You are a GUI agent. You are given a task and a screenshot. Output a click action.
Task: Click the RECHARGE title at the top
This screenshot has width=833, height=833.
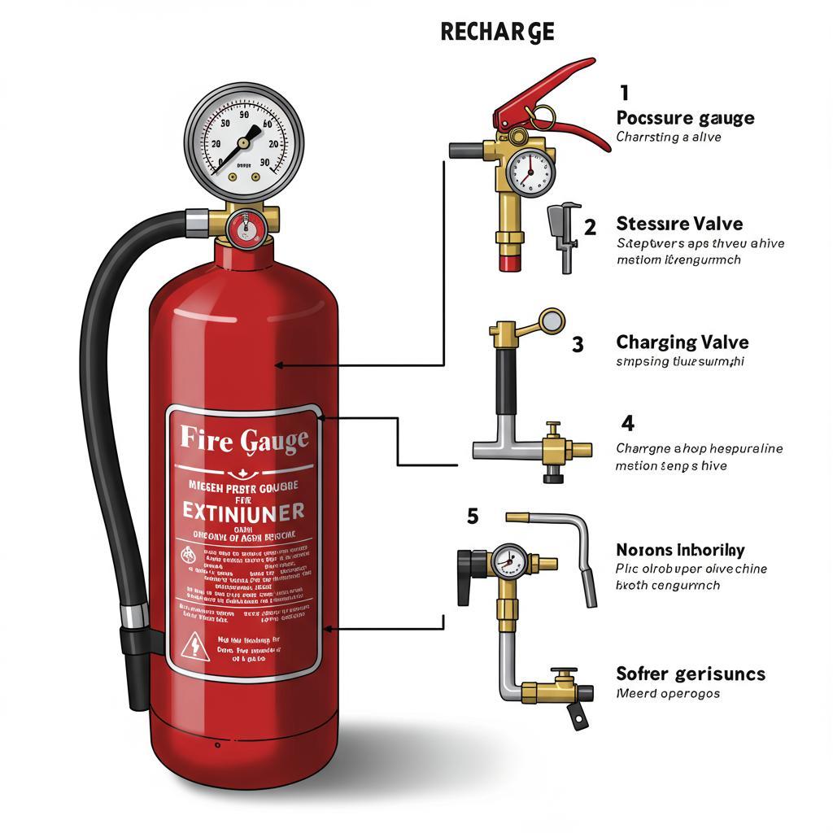(497, 32)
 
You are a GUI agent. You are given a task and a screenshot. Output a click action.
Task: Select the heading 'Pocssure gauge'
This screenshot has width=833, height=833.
(685, 118)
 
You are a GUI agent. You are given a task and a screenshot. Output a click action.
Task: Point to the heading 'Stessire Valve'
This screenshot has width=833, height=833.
(679, 224)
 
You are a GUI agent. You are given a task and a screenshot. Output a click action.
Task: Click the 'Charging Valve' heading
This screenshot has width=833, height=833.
(682, 342)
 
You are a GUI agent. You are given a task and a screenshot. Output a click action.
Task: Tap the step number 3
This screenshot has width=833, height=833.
(578, 344)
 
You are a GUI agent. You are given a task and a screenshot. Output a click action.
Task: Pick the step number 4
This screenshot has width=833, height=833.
(627, 423)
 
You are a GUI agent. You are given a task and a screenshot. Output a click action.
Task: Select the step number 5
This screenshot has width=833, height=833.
(473, 516)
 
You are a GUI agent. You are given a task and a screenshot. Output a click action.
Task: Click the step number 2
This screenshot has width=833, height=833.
(590, 226)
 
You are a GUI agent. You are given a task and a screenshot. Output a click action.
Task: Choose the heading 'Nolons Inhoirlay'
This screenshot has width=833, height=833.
(680, 551)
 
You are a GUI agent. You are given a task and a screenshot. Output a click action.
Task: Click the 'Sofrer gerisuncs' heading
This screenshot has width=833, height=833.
(691, 674)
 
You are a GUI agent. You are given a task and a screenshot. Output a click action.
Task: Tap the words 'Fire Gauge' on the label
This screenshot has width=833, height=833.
(243, 440)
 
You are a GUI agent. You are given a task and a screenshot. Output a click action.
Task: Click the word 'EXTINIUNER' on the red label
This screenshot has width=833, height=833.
(243, 511)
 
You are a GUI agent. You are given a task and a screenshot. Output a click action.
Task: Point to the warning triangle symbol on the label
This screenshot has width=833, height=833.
(195, 648)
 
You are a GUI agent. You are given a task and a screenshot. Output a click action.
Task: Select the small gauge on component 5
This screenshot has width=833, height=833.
(506, 560)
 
